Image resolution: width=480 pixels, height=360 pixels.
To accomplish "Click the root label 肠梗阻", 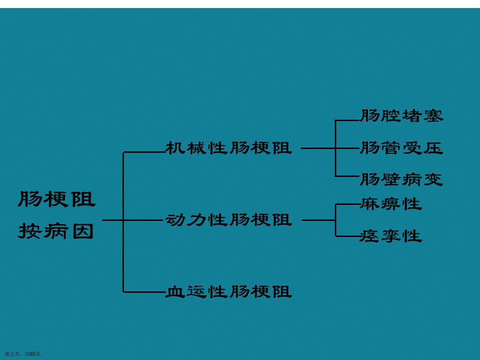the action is pyautogui.click(x=57, y=199).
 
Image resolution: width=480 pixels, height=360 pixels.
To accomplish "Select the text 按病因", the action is pyautogui.click(x=56, y=231).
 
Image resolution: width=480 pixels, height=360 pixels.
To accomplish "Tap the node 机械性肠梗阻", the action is pyautogui.click(x=229, y=148).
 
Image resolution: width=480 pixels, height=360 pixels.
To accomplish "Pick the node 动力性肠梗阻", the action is pyautogui.click(x=229, y=220).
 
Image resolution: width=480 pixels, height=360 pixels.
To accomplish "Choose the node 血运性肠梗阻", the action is pyautogui.click(x=229, y=291).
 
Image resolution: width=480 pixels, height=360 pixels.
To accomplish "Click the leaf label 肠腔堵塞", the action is pyautogui.click(x=401, y=116).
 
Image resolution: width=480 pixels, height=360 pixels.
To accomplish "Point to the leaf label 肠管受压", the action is pyautogui.click(x=401, y=148).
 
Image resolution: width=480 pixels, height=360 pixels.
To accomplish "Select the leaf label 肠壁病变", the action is pyautogui.click(x=401, y=179).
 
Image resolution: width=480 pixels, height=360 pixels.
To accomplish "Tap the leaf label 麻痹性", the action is pyautogui.click(x=391, y=204).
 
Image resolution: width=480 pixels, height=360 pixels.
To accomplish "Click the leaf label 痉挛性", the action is pyautogui.click(x=391, y=236).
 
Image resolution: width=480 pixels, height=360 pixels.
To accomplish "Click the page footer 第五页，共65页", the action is pyautogui.click(x=24, y=354).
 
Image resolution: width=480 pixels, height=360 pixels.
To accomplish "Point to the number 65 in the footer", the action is pyautogui.click(x=33, y=354).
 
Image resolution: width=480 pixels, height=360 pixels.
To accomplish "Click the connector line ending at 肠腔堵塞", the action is pyautogui.click(x=348, y=121).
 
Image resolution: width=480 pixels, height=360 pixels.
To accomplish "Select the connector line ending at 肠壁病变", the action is pyautogui.click(x=348, y=176).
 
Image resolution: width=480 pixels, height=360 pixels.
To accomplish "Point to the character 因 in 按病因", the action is pyautogui.click(x=83, y=231).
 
